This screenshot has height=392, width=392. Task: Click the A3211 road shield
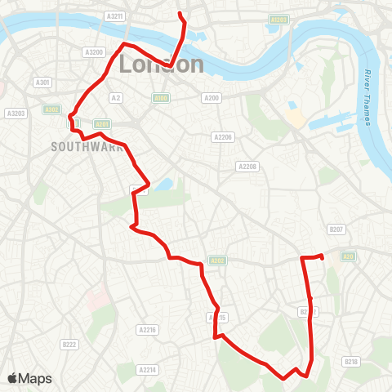coord(116,16)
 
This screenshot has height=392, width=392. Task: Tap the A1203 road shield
coord(279,20)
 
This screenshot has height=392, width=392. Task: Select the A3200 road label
coord(94,51)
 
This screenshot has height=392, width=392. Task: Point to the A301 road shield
coord(42,82)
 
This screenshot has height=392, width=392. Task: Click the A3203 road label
coord(16,113)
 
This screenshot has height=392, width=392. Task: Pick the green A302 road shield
coord(52,108)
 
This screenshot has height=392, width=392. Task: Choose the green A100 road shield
coord(161,98)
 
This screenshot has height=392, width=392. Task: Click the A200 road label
coord(212,98)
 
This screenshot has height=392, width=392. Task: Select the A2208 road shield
coord(247,167)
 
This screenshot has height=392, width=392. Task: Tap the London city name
coord(162,64)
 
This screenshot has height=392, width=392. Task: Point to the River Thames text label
coord(364,97)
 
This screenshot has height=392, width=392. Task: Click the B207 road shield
coord(336,230)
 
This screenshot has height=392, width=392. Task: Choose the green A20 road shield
coord(347,256)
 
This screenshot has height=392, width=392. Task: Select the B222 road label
coord(69,345)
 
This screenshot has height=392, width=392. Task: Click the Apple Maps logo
coord(29,378)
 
